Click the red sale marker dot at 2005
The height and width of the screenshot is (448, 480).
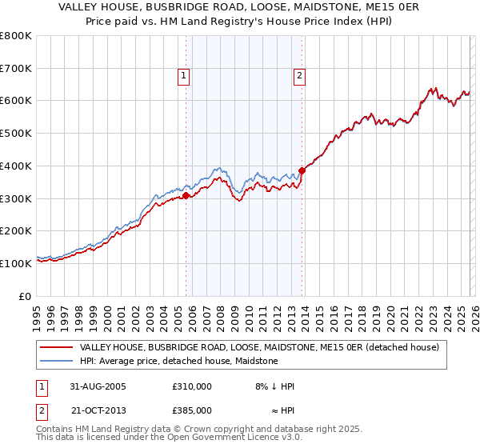[x=186, y=195]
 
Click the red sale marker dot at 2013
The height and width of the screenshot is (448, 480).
[x=302, y=170]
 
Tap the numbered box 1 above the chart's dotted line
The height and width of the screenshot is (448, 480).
[x=183, y=76]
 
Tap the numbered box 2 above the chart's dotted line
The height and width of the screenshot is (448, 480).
[x=299, y=76]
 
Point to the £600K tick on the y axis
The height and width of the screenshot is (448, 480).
[x=16, y=101]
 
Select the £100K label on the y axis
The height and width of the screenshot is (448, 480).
[x=16, y=263]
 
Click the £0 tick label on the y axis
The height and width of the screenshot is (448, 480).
[x=25, y=296]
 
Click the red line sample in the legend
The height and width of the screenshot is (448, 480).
[x=56, y=348]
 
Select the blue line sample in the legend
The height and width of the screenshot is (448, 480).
[x=56, y=362]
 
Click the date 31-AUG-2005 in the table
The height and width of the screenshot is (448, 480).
[x=97, y=386]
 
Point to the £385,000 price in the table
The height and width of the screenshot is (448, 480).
[x=191, y=410]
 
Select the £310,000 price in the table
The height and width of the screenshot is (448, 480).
[x=191, y=386]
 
